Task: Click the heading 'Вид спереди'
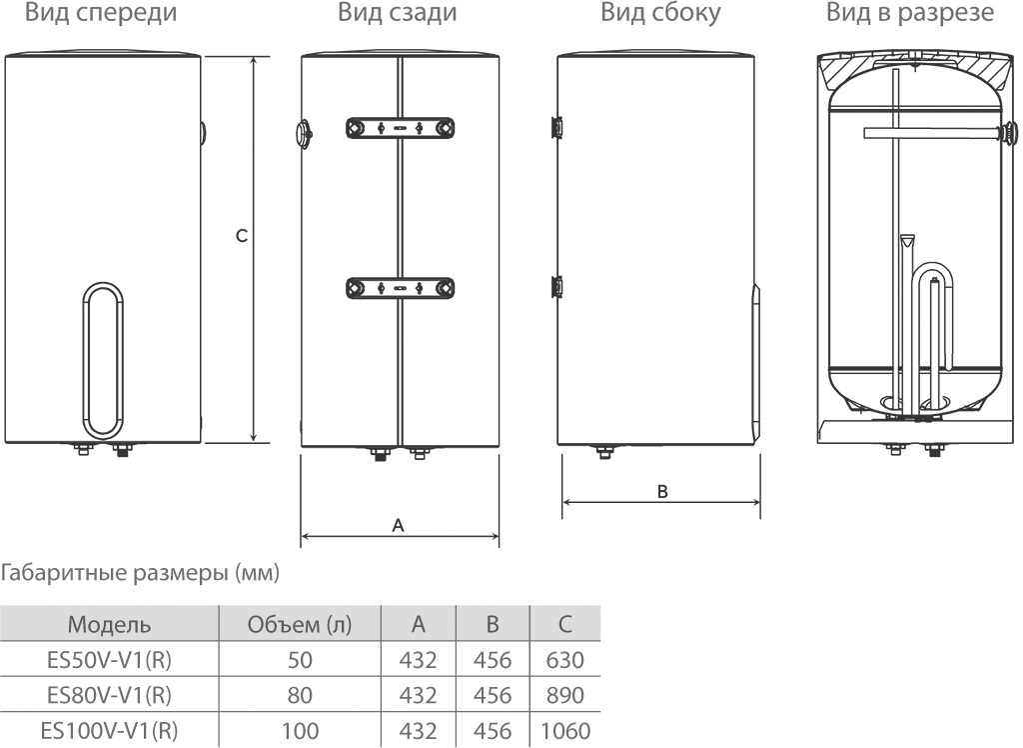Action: pyautogui.click(x=101, y=14)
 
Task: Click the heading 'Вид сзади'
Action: pyautogui.click(x=397, y=14)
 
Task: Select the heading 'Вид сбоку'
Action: pyautogui.click(x=660, y=14)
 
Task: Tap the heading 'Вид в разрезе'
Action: pyautogui.click(x=909, y=14)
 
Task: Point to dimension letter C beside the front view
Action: pyautogui.click(x=241, y=236)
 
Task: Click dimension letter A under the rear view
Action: pyautogui.click(x=398, y=524)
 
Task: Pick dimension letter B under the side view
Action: pyautogui.click(x=661, y=491)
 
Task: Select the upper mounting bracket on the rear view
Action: pyautogui.click(x=400, y=128)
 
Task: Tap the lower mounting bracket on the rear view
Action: pyautogui.click(x=400, y=288)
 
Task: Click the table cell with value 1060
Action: pyautogui.click(x=565, y=731)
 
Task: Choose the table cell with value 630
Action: pyautogui.click(x=565, y=661)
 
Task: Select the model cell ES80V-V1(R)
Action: pyautogui.click(x=109, y=696)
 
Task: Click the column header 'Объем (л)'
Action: pyautogui.click(x=300, y=626)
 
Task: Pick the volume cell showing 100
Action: pyautogui.click(x=300, y=731)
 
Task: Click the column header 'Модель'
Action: pyautogui.click(x=109, y=626)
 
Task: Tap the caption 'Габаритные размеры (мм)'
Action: pyautogui.click(x=141, y=574)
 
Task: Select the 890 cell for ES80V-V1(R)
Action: pyautogui.click(x=565, y=696)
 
